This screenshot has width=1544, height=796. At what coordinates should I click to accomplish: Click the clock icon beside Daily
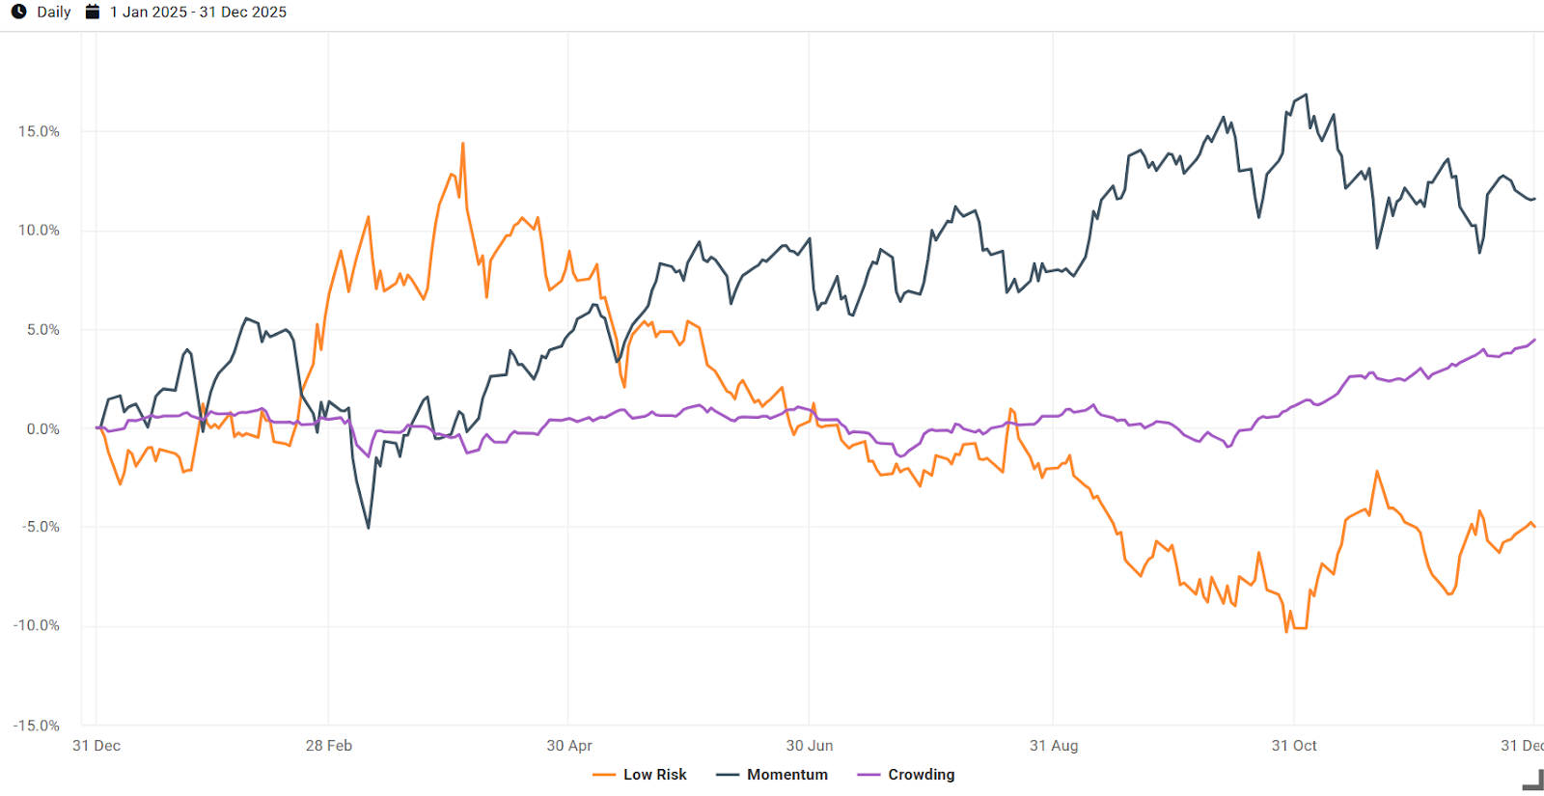click(x=18, y=12)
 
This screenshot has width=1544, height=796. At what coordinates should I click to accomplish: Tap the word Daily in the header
click(x=54, y=13)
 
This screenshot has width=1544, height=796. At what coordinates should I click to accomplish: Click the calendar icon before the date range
click(x=93, y=12)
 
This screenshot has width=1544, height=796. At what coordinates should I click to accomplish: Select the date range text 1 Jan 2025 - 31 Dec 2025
click(x=198, y=13)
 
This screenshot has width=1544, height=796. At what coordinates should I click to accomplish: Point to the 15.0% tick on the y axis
click(x=39, y=131)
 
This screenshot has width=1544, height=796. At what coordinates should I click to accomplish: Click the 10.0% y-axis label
click(x=39, y=231)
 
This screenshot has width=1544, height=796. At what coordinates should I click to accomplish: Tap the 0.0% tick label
click(x=42, y=428)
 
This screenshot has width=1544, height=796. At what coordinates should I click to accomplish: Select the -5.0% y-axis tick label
click(x=41, y=527)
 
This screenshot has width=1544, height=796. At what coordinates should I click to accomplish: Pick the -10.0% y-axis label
click(x=37, y=625)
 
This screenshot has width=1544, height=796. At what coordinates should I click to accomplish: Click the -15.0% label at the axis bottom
click(x=37, y=726)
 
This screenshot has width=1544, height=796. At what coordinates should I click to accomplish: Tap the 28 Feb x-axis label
click(x=329, y=746)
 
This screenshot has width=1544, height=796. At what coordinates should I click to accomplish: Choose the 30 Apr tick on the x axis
click(x=569, y=746)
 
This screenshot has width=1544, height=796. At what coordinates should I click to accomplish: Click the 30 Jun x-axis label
click(x=810, y=746)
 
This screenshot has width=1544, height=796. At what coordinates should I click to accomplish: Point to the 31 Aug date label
click(x=1054, y=746)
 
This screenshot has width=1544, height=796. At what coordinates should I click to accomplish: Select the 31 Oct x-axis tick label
click(x=1294, y=746)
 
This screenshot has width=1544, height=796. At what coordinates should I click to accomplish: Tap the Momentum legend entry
click(x=773, y=775)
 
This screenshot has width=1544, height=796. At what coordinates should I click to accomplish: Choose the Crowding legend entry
click(x=906, y=775)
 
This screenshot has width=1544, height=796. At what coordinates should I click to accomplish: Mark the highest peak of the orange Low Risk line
click(x=463, y=144)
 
